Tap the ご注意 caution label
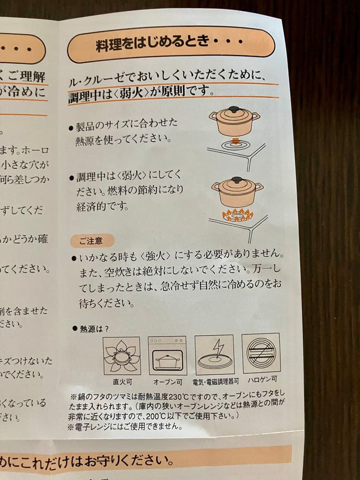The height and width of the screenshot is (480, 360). point(91,240)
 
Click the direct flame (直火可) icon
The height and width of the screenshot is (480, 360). point(121,356)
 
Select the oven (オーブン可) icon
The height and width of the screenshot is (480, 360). point(167,356)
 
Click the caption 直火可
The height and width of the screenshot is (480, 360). point(122,382)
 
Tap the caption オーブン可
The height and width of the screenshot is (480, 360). point(168,382)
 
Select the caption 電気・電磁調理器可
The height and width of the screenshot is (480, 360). point(216,381)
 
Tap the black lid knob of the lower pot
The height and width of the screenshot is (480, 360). point(236,180)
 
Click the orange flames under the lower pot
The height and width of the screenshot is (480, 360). point(237,215)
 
